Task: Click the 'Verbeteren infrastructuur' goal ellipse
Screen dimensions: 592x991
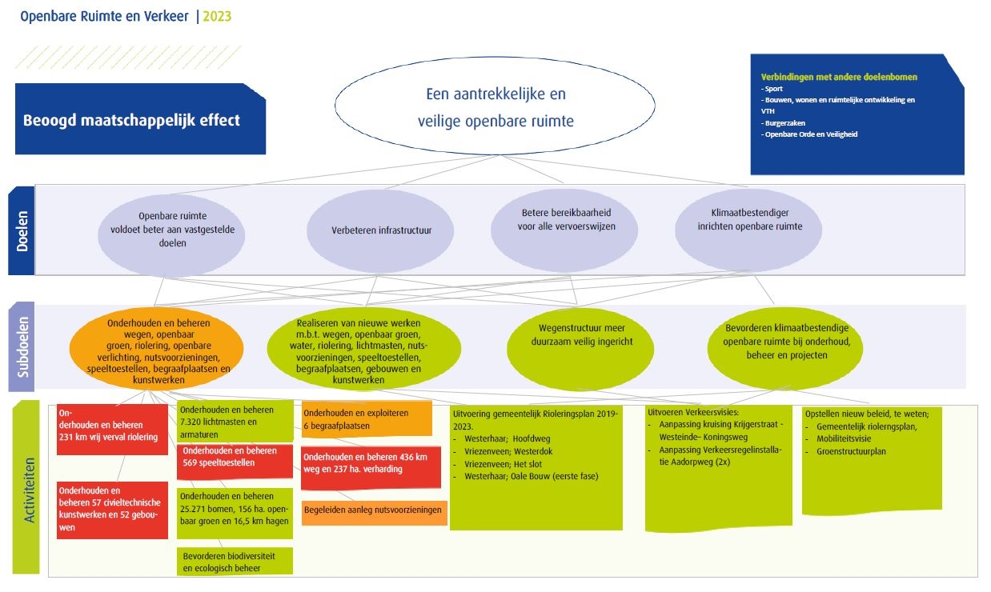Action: click(x=381, y=230)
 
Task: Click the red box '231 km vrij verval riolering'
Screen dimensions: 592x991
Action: click(x=111, y=430)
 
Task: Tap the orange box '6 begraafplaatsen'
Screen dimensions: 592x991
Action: click(x=365, y=418)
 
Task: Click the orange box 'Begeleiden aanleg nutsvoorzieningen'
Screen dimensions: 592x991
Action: click(x=373, y=510)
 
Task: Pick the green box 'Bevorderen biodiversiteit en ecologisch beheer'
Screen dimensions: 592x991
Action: click(x=235, y=561)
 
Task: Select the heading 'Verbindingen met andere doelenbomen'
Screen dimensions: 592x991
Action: click(x=839, y=78)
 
